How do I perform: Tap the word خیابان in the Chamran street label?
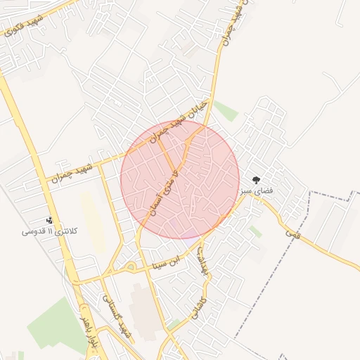point(196,109)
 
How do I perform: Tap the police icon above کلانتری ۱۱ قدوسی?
point(49,220)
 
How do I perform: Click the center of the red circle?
point(180,179)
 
